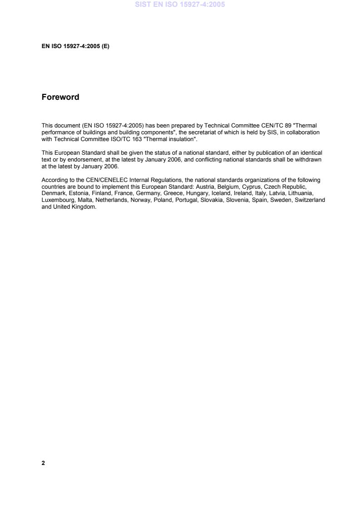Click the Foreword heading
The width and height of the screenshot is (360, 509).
(60, 97)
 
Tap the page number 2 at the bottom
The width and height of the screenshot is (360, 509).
(43, 463)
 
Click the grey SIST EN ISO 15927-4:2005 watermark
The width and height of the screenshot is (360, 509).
(180, 5)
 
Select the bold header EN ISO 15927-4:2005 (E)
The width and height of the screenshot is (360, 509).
(75, 46)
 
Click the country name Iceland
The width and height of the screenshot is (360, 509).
(221, 193)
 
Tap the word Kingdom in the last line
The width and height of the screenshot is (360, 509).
(85, 206)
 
